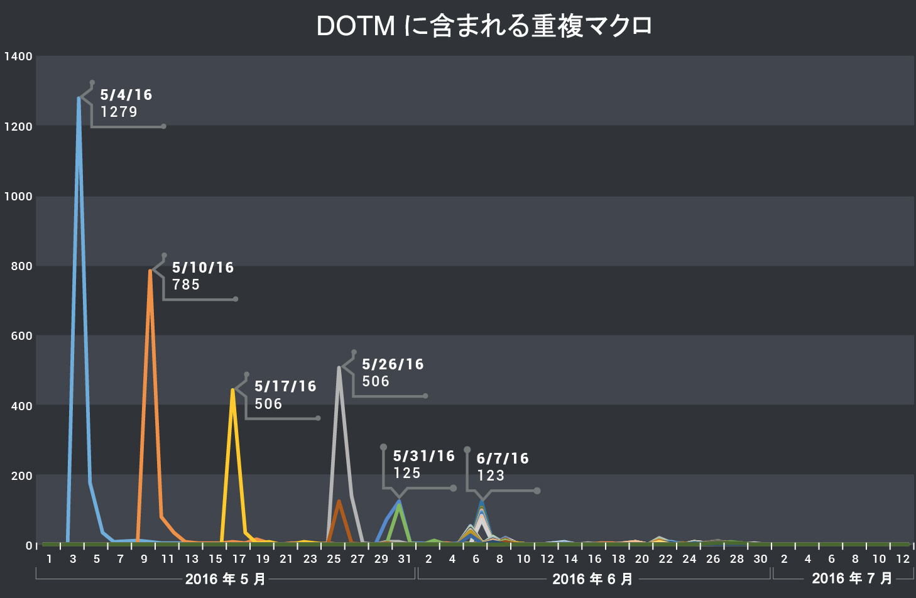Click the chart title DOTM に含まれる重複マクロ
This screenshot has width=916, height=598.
pyautogui.click(x=484, y=26)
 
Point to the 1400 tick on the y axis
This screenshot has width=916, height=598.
pyautogui.click(x=18, y=57)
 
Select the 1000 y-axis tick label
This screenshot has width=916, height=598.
pyautogui.click(x=18, y=197)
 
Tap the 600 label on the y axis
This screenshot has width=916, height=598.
pyautogui.click(x=21, y=336)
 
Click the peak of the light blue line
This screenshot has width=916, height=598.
pyautogui.click(x=79, y=99)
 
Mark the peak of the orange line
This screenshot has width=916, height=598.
pyautogui.click(x=150, y=271)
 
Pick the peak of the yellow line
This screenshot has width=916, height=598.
pyautogui.click(x=232, y=389)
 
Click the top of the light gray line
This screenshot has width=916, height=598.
pyautogui.click(x=339, y=367)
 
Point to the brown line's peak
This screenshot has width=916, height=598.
pyautogui.click(x=339, y=501)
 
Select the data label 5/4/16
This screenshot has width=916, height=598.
pyautogui.click(x=126, y=95)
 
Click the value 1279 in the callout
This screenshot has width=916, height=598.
pyautogui.click(x=119, y=112)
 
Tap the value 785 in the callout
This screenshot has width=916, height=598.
pyautogui.click(x=186, y=285)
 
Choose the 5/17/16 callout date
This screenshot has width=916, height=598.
pyautogui.click(x=285, y=386)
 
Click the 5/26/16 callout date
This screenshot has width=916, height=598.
pyautogui.click(x=393, y=364)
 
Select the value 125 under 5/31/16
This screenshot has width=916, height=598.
pyautogui.click(x=406, y=473)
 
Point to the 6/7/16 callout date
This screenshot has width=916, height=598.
pyautogui.click(x=503, y=459)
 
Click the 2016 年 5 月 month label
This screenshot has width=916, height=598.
pyautogui.click(x=226, y=579)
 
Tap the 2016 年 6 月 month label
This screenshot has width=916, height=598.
pyautogui.click(x=592, y=579)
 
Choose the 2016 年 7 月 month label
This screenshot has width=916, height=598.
pyautogui.click(x=852, y=578)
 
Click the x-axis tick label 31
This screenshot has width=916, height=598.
pyautogui.click(x=405, y=559)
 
